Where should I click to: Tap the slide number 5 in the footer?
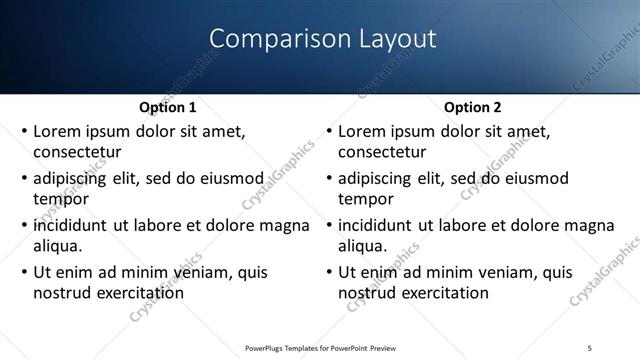(x=589, y=347)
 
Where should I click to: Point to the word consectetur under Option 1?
(x=77, y=153)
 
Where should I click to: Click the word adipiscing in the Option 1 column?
(x=73, y=179)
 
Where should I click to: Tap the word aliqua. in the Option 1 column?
(x=58, y=245)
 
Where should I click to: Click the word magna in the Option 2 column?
(x=589, y=225)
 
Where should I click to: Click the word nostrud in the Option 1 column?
(x=63, y=292)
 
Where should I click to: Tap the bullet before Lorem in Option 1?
(x=23, y=132)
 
